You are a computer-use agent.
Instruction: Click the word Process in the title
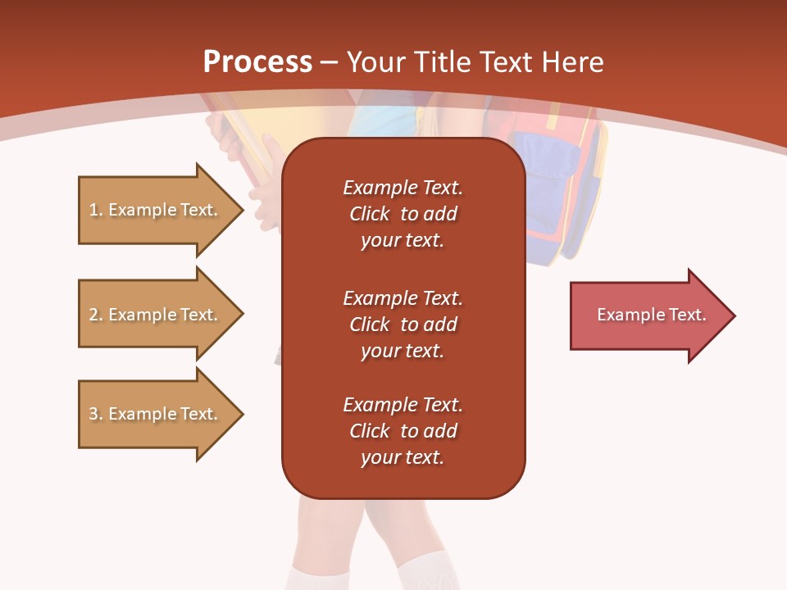(x=257, y=62)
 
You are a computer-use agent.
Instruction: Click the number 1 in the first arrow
(x=93, y=210)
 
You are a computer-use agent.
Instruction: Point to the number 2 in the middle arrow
(x=93, y=315)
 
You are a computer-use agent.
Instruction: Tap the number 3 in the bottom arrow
(x=93, y=414)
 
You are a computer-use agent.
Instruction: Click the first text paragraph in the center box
(x=403, y=214)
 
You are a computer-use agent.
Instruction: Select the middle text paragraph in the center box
(x=403, y=324)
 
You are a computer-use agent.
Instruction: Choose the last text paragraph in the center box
(x=403, y=431)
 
